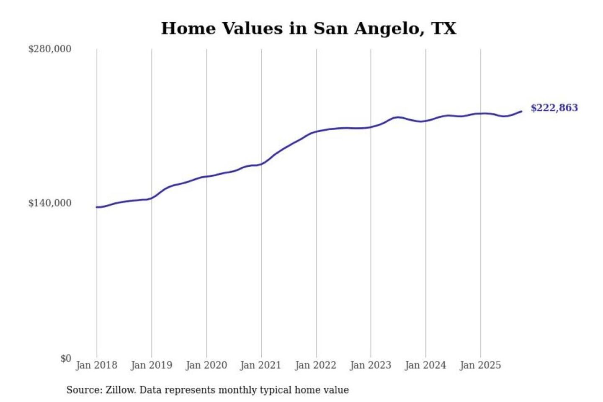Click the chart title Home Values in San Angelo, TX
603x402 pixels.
click(309, 28)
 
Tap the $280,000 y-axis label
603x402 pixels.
click(50, 49)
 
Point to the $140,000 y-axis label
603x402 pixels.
click(50, 203)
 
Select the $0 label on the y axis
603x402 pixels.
click(66, 358)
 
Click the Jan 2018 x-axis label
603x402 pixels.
click(96, 365)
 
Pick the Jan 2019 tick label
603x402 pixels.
click(151, 365)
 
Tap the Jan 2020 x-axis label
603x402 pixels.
click(206, 365)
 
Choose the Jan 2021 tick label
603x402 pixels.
click(260, 365)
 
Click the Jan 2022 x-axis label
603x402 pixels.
click(315, 365)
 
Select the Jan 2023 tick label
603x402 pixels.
click(370, 365)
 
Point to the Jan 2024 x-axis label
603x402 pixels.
click(425, 365)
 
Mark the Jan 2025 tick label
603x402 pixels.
click(480, 365)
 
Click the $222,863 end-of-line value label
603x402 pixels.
click(554, 108)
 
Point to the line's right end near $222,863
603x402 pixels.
click(521, 111)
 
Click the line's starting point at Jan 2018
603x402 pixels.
click(97, 207)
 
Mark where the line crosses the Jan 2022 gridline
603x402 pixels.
click(317, 132)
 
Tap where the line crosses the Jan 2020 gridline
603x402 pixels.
click(206, 177)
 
